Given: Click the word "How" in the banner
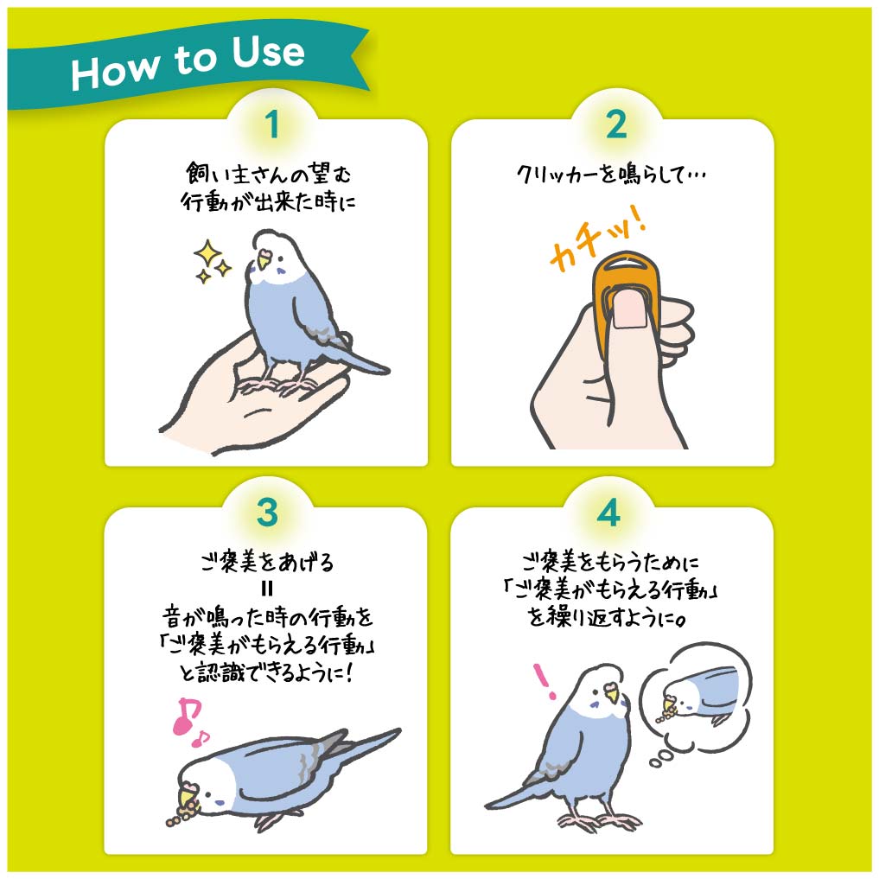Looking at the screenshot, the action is [x=116, y=70].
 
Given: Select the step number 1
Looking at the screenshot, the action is [x=272, y=124].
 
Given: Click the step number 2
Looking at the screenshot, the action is [x=616, y=124].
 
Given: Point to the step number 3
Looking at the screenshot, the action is [x=267, y=512].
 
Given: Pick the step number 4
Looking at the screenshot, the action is [x=608, y=512].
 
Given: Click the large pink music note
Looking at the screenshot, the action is [x=186, y=716].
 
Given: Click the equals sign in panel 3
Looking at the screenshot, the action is [x=267, y=589].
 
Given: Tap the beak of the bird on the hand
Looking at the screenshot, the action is [x=263, y=261].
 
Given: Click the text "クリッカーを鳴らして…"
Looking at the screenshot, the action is [x=610, y=175].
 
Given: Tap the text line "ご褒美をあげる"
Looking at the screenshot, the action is [x=267, y=562].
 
